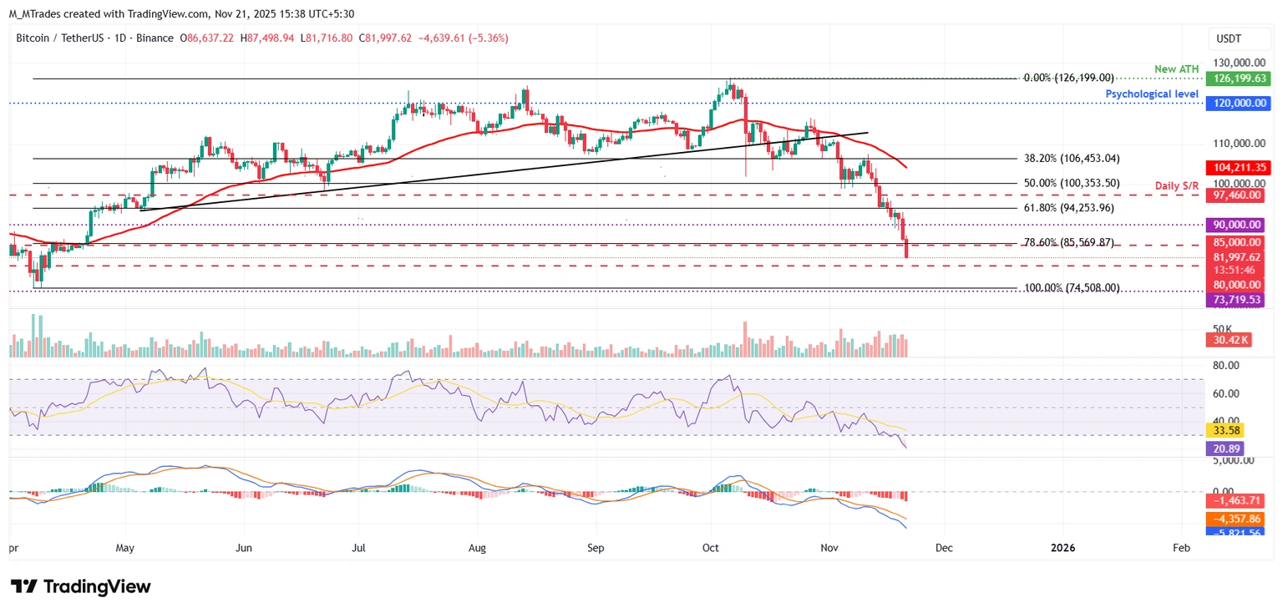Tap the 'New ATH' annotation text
pyautogui.click(x=1177, y=68)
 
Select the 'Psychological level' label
pyautogui.click(x=1152, y=94)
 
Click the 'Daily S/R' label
pyautogui.click(x=1178, y=184)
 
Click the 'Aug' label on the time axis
pyautogui.click(x=477, y=548)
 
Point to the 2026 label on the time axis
pyautogui.click(x=1062, y=548)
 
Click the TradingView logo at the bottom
pyautogui.click(x=80, y=586)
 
